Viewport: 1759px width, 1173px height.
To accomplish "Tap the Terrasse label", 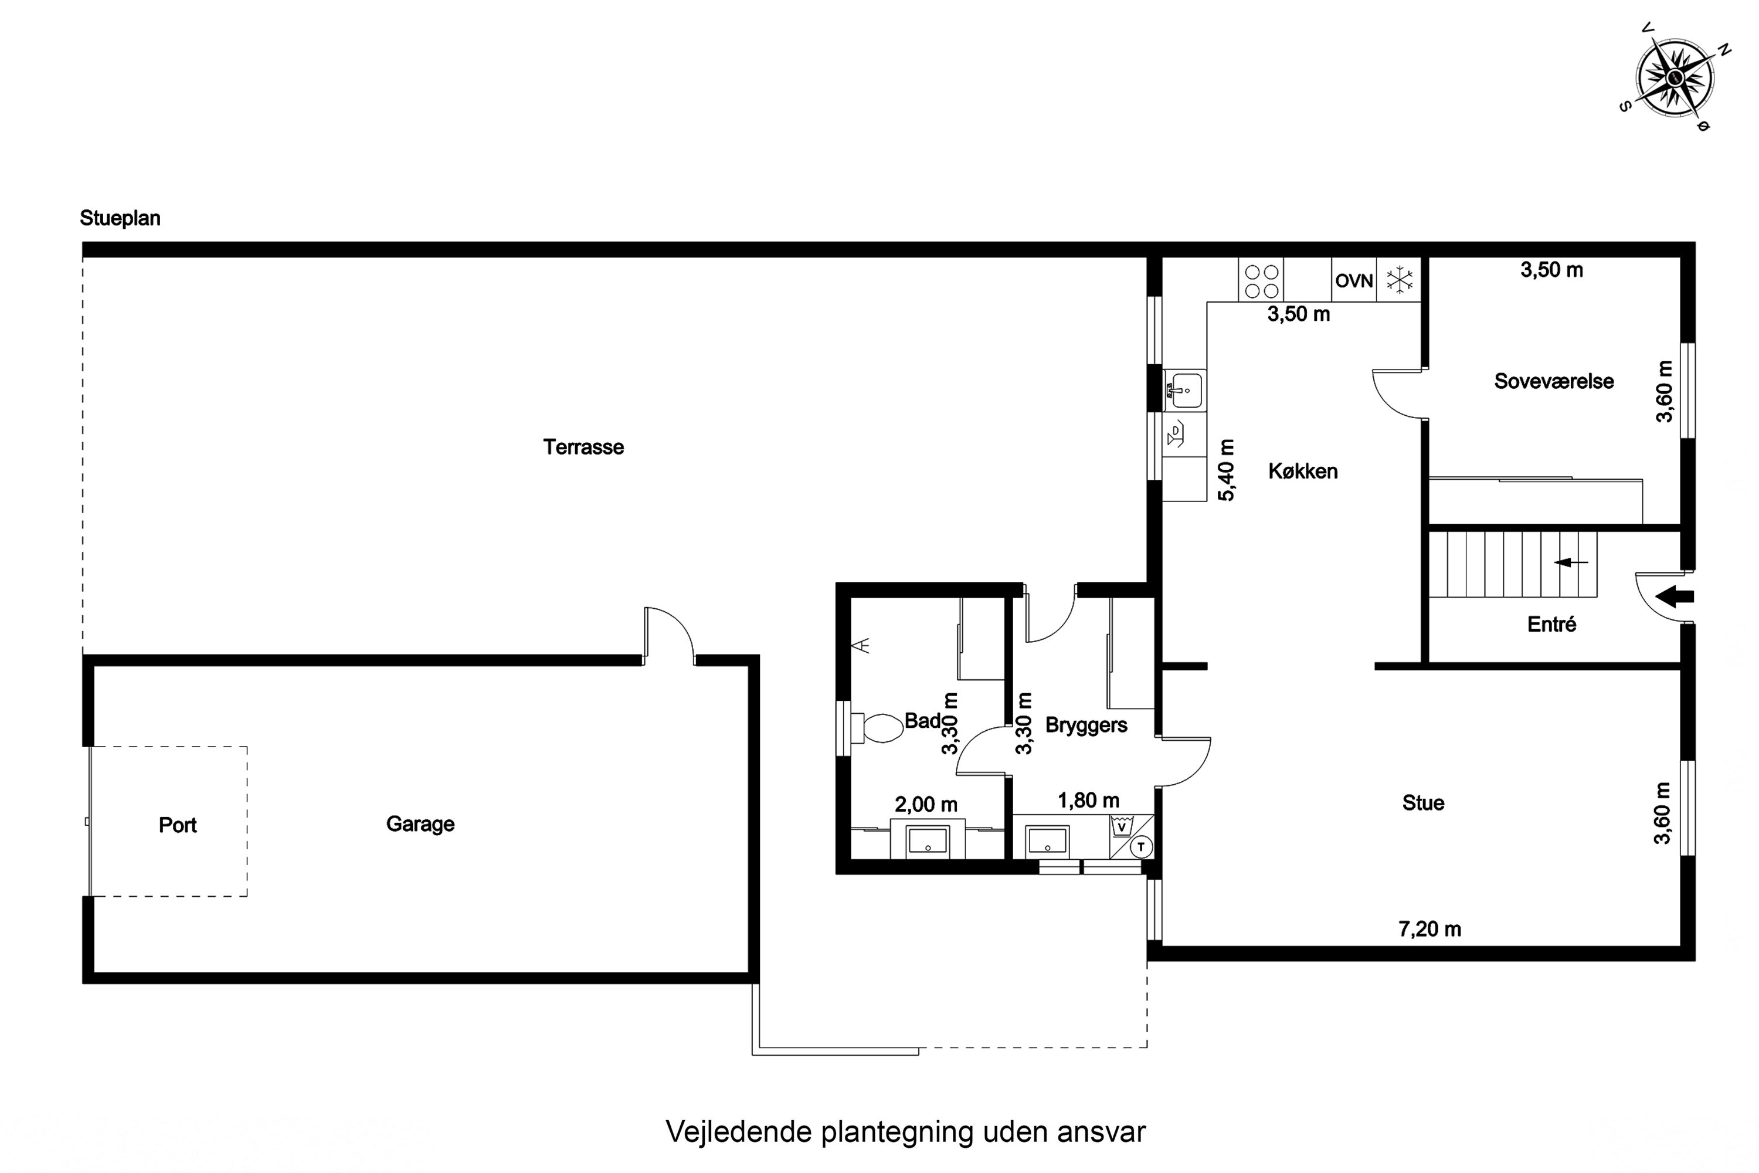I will pos(583,447).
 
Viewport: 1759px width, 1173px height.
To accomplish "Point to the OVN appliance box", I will pos(1354,280).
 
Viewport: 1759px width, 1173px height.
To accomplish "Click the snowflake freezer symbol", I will pos(1399,280).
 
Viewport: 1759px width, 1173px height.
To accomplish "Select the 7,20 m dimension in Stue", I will pos(1429,929).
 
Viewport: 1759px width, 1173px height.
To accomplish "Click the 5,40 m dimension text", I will pos(1227,470).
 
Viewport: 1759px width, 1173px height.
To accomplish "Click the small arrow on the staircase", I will pos(1571,562).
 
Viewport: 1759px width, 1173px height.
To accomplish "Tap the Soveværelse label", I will pos(1553,382).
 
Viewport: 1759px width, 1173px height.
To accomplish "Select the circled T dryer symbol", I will pos(1140,847).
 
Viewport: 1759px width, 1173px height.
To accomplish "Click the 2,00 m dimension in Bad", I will pos(926,804).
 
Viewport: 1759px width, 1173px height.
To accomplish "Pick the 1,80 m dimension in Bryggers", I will pos(1088,801).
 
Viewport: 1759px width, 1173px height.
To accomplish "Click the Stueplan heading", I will pos(120,218).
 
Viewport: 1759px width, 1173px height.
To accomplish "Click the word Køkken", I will pos(1303,472).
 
